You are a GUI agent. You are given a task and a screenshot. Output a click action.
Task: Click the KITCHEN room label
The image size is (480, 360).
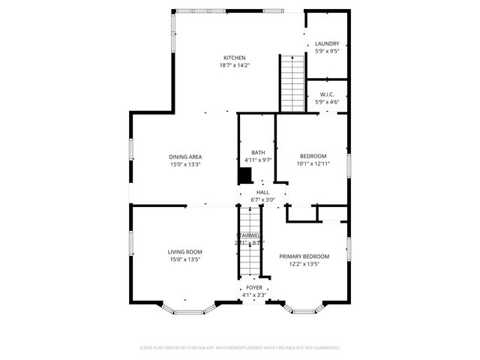point(234,58)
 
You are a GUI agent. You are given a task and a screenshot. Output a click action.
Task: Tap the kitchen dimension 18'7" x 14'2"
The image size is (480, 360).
point(234,65)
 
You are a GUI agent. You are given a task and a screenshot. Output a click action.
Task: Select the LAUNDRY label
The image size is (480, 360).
point(327,43)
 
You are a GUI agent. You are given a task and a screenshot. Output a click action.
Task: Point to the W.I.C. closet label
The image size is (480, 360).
point(327,94)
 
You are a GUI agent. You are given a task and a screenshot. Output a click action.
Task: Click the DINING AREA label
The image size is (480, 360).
point(184,157)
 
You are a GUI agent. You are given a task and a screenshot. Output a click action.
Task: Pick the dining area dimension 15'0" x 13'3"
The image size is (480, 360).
point(184,164)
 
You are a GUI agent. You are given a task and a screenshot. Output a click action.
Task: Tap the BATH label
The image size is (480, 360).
point(258,152)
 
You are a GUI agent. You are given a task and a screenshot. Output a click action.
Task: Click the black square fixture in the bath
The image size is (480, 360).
point(244,175)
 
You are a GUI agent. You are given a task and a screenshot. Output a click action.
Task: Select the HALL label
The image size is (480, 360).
point(262,192)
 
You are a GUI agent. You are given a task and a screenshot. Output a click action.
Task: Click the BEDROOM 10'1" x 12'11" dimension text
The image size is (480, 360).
point(313,163)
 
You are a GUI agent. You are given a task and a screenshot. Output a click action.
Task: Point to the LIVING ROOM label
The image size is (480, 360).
point(184,252)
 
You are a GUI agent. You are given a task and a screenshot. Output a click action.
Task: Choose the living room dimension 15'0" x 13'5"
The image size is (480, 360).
point(184,259)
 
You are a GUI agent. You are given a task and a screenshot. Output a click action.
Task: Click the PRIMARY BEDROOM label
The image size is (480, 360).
point(304,256)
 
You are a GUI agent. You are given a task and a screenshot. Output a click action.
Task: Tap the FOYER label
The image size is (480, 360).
point(253,287)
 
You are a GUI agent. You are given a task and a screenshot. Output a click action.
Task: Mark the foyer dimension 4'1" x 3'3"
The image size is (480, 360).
point(253,295)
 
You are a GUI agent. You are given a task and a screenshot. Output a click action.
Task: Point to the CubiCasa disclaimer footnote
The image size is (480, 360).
point(240,348)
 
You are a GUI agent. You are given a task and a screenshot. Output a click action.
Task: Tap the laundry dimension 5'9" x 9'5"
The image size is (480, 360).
point(327,51)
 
